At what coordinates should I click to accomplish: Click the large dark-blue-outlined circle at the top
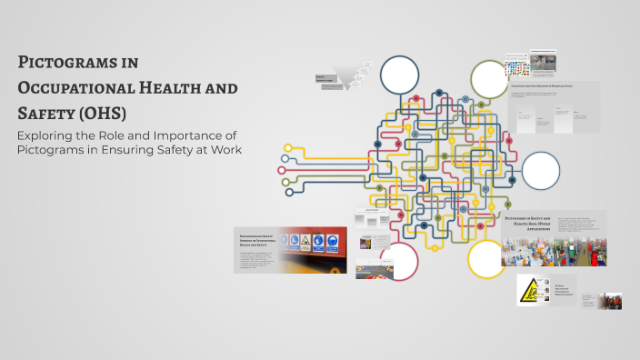click(x=399, y=75)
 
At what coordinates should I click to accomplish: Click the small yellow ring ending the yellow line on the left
click(x=289, y=146)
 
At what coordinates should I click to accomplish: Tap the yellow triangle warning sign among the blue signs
click(x=305, y=242)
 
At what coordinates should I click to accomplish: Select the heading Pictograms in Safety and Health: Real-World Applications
click(x=529, y=223)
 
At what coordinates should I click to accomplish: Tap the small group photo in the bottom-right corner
click(x=609, y=301)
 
